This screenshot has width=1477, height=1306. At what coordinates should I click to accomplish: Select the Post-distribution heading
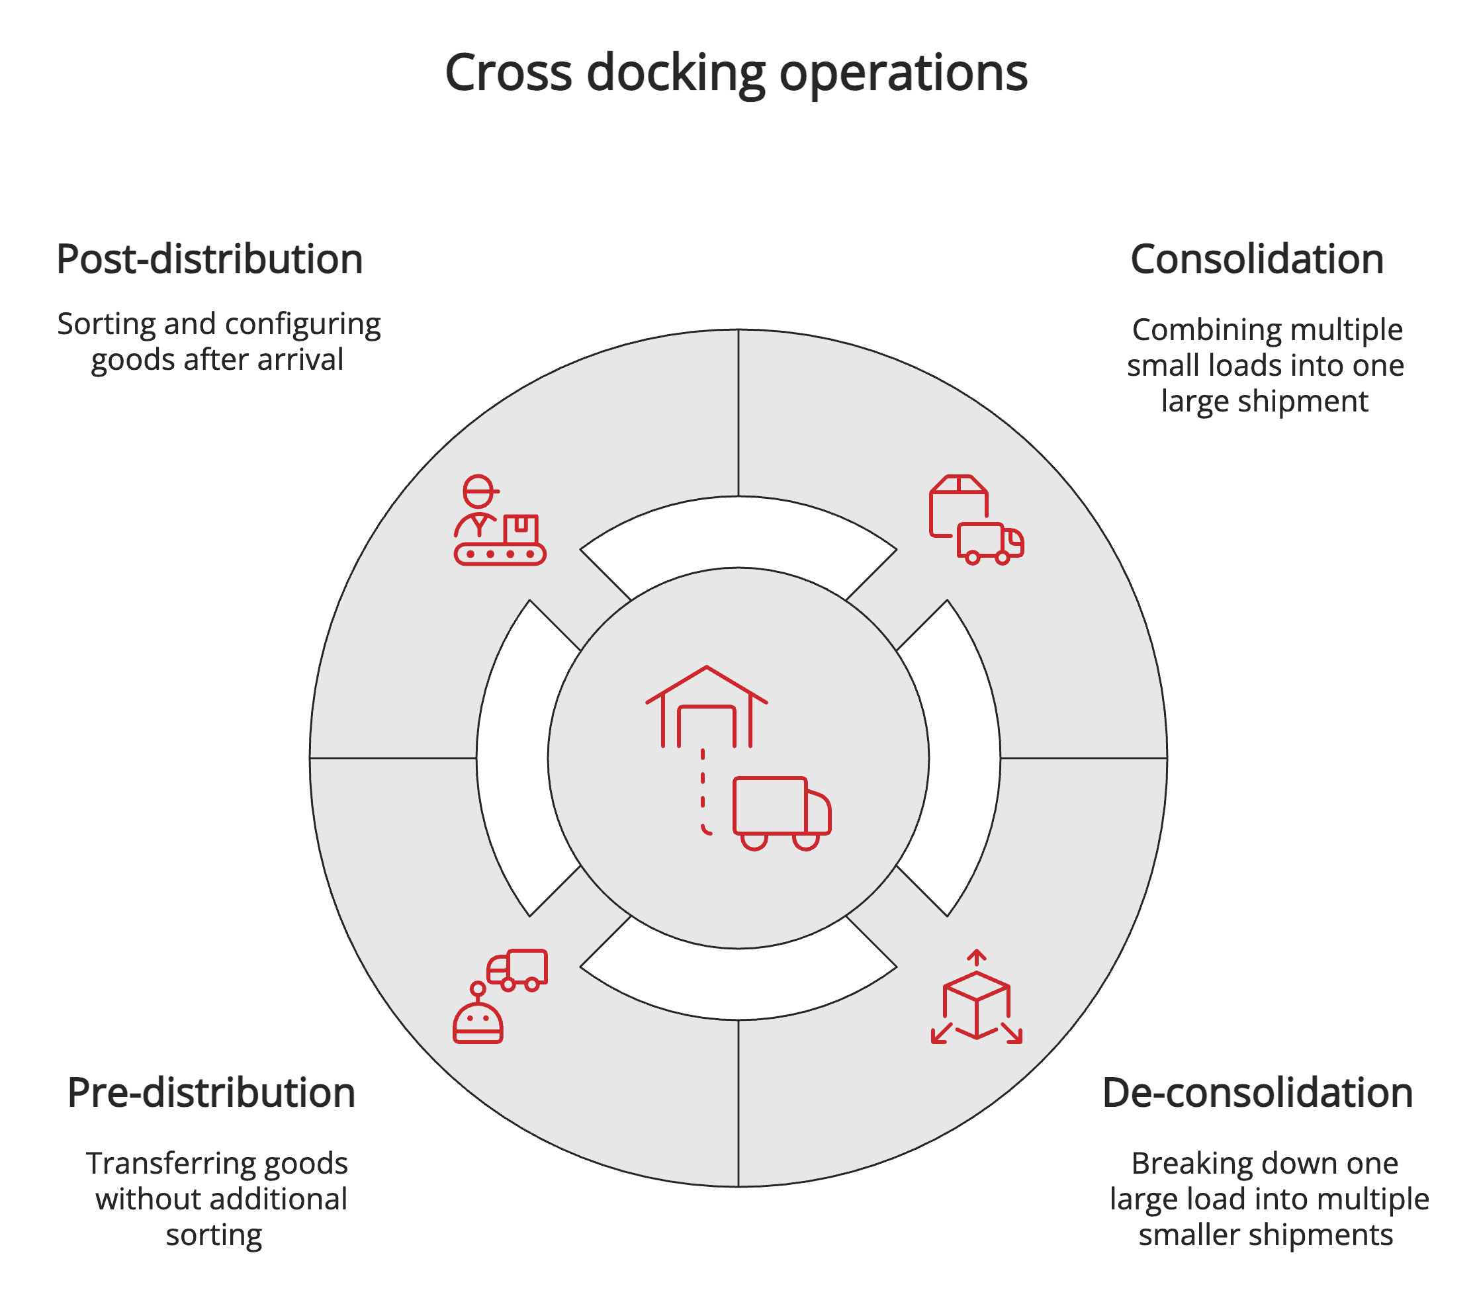pos(210,259)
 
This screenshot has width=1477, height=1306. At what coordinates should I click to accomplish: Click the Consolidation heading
pos(1257,259)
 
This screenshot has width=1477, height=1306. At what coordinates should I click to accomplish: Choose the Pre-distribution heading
pos(211,1092)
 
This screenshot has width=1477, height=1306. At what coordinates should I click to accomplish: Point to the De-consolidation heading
pos(1257,1092)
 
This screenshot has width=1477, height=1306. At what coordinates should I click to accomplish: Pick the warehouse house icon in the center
pos(706,707)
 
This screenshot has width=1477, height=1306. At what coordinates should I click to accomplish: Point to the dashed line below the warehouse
pos(703,791)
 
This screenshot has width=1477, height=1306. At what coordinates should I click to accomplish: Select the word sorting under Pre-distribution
pos(214,1235)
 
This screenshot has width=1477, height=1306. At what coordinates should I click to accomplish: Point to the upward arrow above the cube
pos(976,958)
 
